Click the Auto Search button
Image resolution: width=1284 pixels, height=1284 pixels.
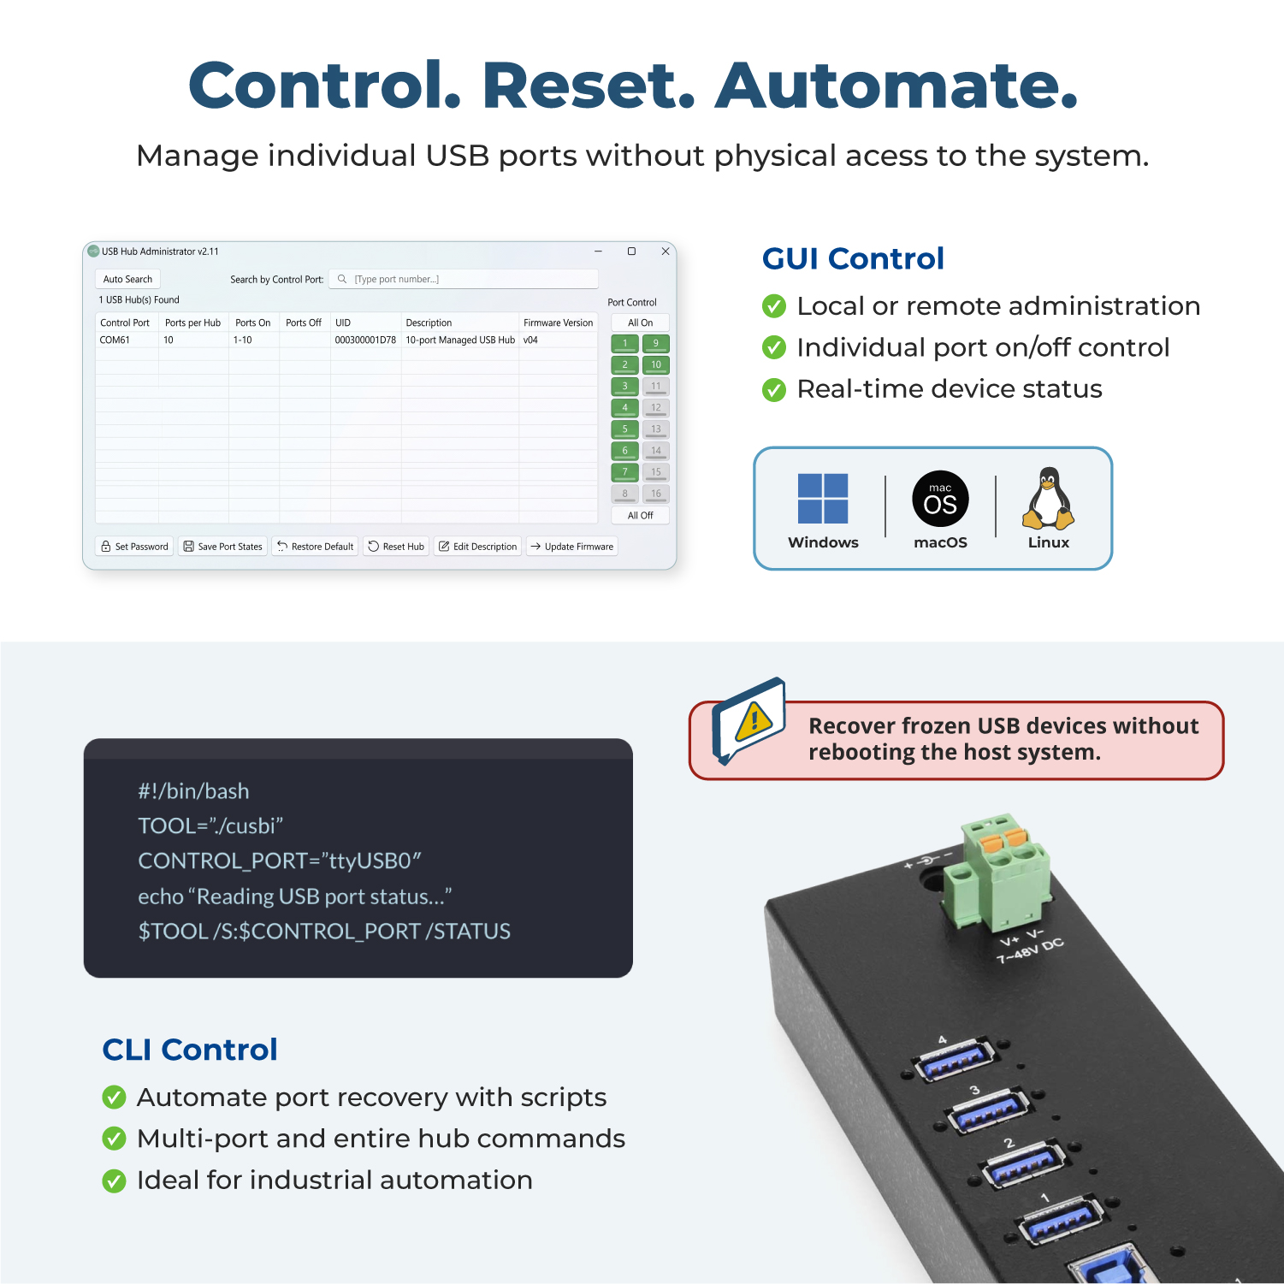pyautogui.click(x=127, y=279)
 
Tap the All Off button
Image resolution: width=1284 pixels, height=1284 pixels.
pyautogui.click(x=640, y=515)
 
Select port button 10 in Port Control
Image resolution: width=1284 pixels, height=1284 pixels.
pyautogui.click(x=656, y=365)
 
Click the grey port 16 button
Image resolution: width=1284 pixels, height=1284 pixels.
pyautogui.click(x=656, y=494)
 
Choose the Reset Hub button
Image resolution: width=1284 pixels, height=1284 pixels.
pyautogui.click(x=396, y=547)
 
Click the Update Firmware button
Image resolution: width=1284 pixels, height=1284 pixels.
pyautogui.click(x=571, y=547)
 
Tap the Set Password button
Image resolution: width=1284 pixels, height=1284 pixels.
pyautogui.click(x=134, y=547)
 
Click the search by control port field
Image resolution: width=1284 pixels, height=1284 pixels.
pyautogui.click(x=464, y=279)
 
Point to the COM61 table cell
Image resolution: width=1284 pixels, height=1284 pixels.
pyautogui.click(x=115, y=340)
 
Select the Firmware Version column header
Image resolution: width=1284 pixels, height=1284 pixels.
pyautogui.click(x=558, y=322)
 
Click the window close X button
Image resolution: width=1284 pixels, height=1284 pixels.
pyautogui.click(x=666, y=251)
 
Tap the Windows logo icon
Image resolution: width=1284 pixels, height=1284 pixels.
pyautogui.click(x=823, y=498)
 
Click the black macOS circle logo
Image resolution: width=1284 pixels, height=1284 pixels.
pyautogui.click(x=940, y=499)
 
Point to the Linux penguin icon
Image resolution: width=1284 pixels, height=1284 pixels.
pyautogui.click(x=1048, y=499)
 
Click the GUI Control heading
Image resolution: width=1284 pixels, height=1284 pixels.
pyautogui.click(x=853, y=258)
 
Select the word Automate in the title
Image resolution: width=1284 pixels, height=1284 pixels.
pyautogui.click(x=896, y=86)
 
